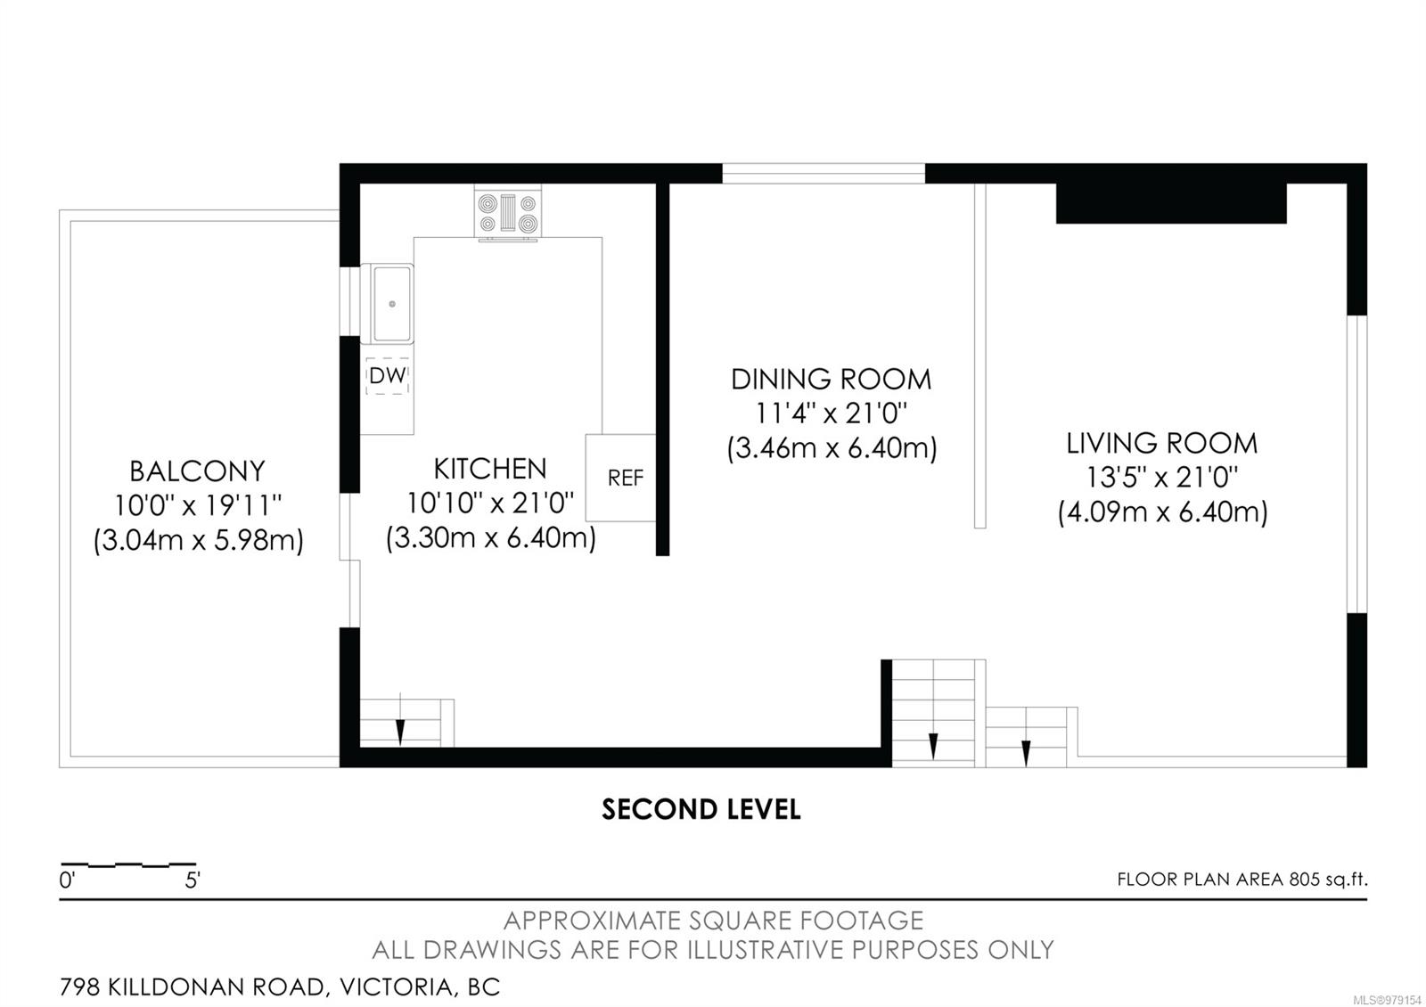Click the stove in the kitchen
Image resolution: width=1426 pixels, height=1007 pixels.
(507, 214)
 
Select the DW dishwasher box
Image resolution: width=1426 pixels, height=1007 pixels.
(387, 375)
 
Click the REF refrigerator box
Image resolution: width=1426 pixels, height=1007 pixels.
(621, 478)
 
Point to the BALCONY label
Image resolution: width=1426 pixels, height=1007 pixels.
(197, 471)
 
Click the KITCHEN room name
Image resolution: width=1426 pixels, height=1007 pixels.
(490, 469)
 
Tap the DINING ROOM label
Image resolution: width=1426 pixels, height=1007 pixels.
(831, 380)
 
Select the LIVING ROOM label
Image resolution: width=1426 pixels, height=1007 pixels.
(1162, 444)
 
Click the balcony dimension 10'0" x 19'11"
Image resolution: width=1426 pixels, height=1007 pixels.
(197, 506)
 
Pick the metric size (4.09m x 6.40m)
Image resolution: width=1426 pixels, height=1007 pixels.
(1162, 512)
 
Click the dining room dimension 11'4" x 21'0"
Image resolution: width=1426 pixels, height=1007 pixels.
(831, 413)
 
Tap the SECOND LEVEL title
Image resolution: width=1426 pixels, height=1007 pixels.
(701, 810)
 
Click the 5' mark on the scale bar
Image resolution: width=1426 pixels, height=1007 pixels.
(193, 880)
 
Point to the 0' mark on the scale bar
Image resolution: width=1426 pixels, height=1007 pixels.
(67, 880)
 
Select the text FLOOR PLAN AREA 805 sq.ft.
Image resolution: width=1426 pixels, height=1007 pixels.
(1242, 879)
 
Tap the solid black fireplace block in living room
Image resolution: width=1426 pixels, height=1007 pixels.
(1171, 204)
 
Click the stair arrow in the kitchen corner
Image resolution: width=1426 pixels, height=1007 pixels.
(400, 718)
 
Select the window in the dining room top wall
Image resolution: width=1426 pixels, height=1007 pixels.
(824, 174)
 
